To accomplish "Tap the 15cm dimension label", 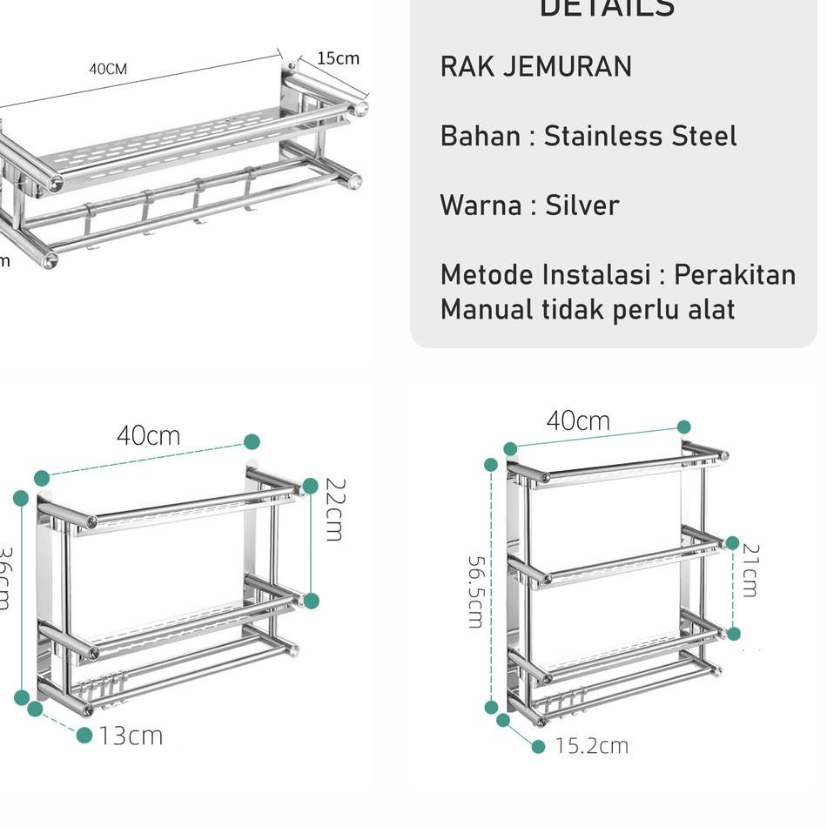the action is (338, 58).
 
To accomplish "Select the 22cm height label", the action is (334, 509).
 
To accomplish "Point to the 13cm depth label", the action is (131, 736).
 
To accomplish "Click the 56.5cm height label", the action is (475, 592).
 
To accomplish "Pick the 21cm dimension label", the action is (750, 570).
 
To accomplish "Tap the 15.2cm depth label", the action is (592, 746).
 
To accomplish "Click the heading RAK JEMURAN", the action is (536, 67).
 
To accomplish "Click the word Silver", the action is (582, 205).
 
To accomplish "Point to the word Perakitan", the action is (736, 275).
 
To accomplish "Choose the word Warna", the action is (478, 205).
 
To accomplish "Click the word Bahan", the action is (478, 136).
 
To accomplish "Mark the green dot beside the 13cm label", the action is (84, 736).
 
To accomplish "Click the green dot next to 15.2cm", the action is (538, 746).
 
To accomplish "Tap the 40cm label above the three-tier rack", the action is (578, 421).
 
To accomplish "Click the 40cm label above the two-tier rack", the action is (149, 435).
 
